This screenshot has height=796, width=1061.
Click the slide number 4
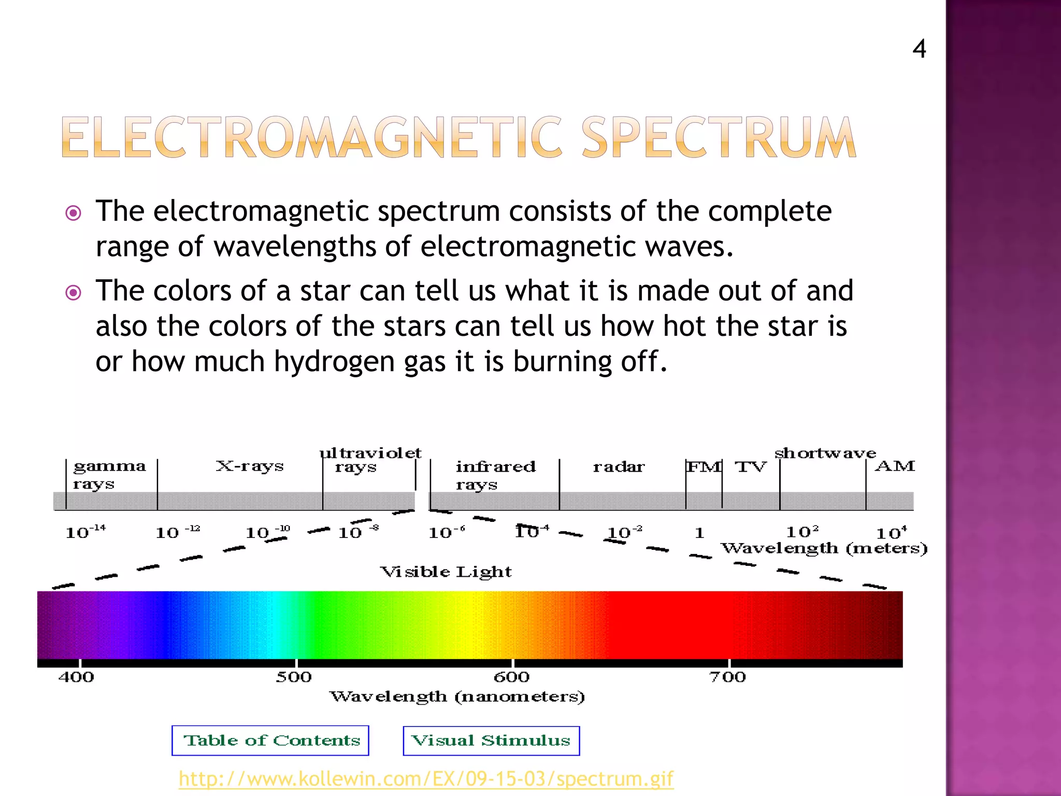pyautogui.click(x=919, y=49)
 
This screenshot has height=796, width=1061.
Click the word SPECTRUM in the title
pyautogui.click(x=719, y=137)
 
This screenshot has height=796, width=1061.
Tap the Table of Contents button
pyautogui.click(x=270, y=741)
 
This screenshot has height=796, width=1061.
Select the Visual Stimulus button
pyautogui.click(x=491, y=741)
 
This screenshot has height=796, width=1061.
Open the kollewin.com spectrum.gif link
pyautogui.click(x=426, y=778)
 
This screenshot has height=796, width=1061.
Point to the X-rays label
pyautogui.click(x=250, y=466)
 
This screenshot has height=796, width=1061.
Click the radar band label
pyautogui.click(x=619, y=467)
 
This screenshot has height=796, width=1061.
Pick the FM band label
pyautogui.click(x=704, y=467)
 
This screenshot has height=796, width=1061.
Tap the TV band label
pyautogui.click(x=750, y=467)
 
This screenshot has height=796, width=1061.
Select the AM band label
pyautogui.click(x=895, y=466)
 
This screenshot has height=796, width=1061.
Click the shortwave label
pyautogui.click(x=825, y=453)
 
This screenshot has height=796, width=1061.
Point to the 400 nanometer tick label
pyautogui.click(x=76, y=677)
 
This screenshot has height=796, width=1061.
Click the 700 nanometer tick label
pyautogui.click(x=727, y=677)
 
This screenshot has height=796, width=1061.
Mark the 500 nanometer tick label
pyautogui.click(x=294, y=677)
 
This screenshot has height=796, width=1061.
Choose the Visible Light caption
pyautogui.click(x=446, y=572)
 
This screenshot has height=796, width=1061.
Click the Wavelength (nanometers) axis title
pyautogui.click(x=457, y=696)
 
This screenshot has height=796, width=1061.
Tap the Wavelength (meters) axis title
pyautogui.click(x=824, y=548)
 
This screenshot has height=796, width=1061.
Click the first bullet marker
pyautogui.click(x=74, y=213)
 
